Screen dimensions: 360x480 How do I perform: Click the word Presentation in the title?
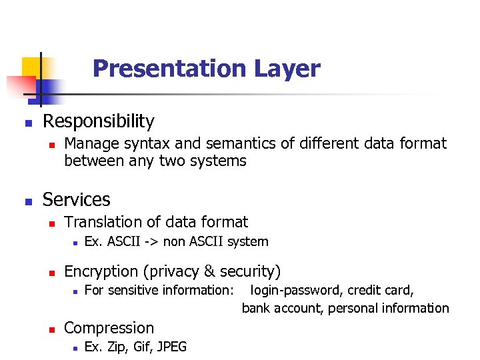pos(169,69)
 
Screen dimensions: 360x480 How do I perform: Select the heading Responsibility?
pos(98,121)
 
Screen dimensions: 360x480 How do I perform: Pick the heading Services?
pos(76,199)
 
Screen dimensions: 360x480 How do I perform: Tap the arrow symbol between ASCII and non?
pos(151,242)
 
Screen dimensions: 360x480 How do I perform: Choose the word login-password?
pos(293,291)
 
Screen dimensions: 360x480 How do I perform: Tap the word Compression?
pos(109,328)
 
